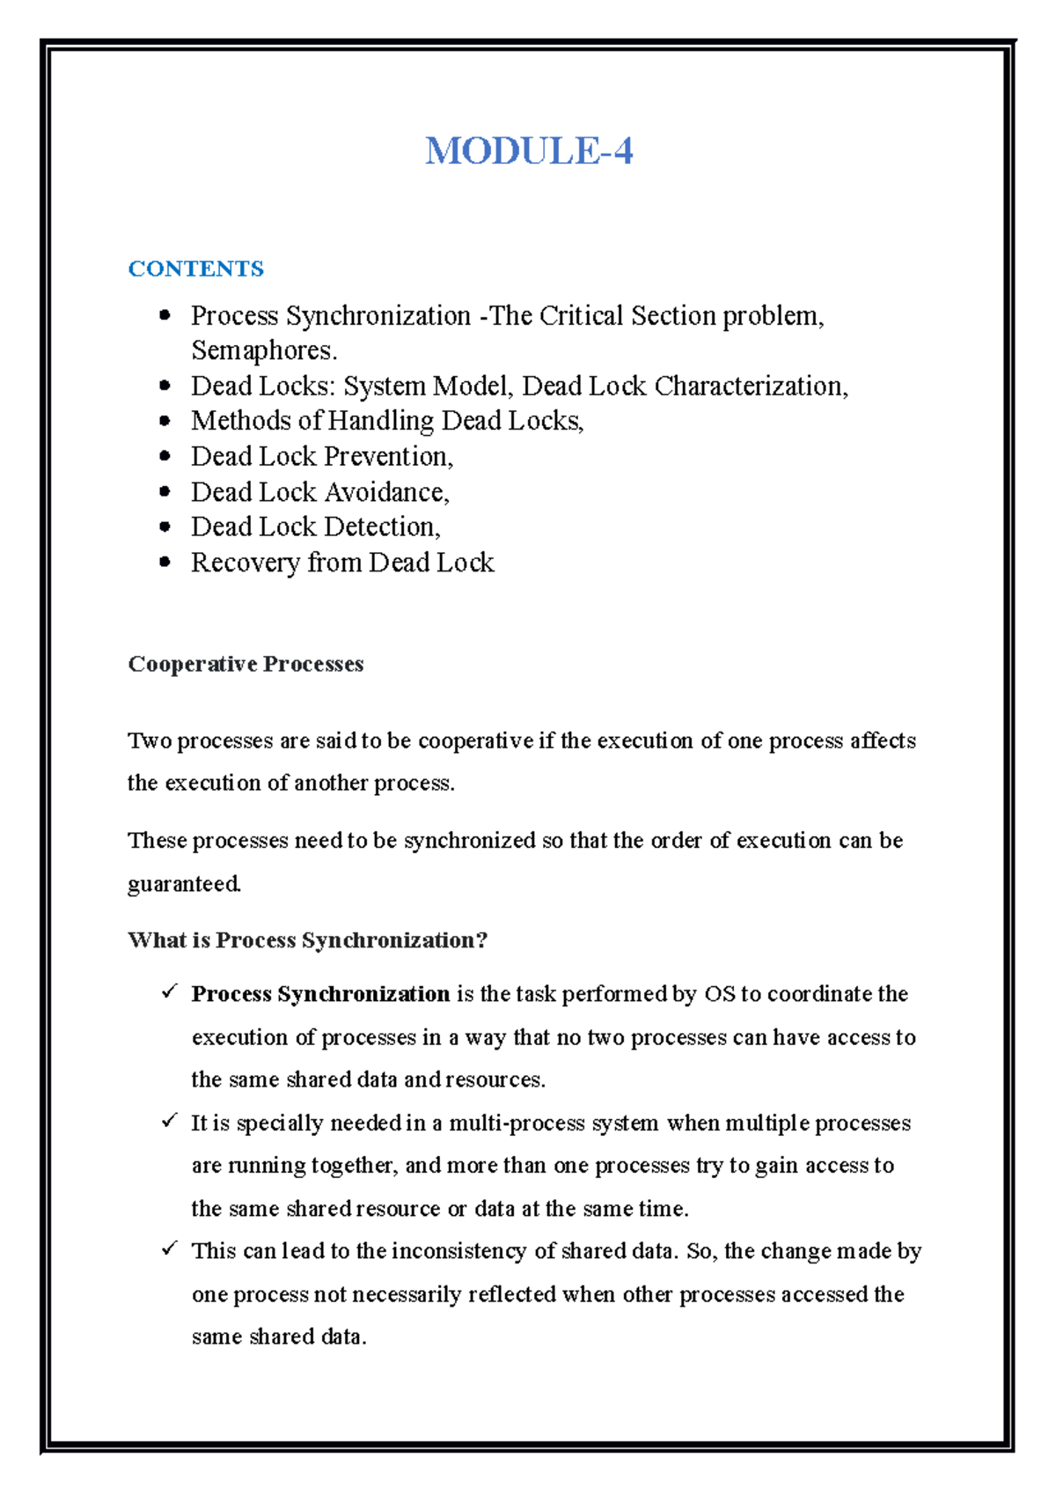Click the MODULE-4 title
coord(529,151)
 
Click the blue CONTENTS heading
coord(195,269)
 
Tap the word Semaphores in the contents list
coord(262,350)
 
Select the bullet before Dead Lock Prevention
coord(165,457)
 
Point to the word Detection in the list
coord(380,527)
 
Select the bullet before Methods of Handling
coord(165,422)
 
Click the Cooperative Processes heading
coord(246,664)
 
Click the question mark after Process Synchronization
coord(481,940)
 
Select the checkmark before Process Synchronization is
coord(169,991)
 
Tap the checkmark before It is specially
coord(169,1121)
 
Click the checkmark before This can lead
coord(169,1248)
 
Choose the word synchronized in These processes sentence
coord(469,841)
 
